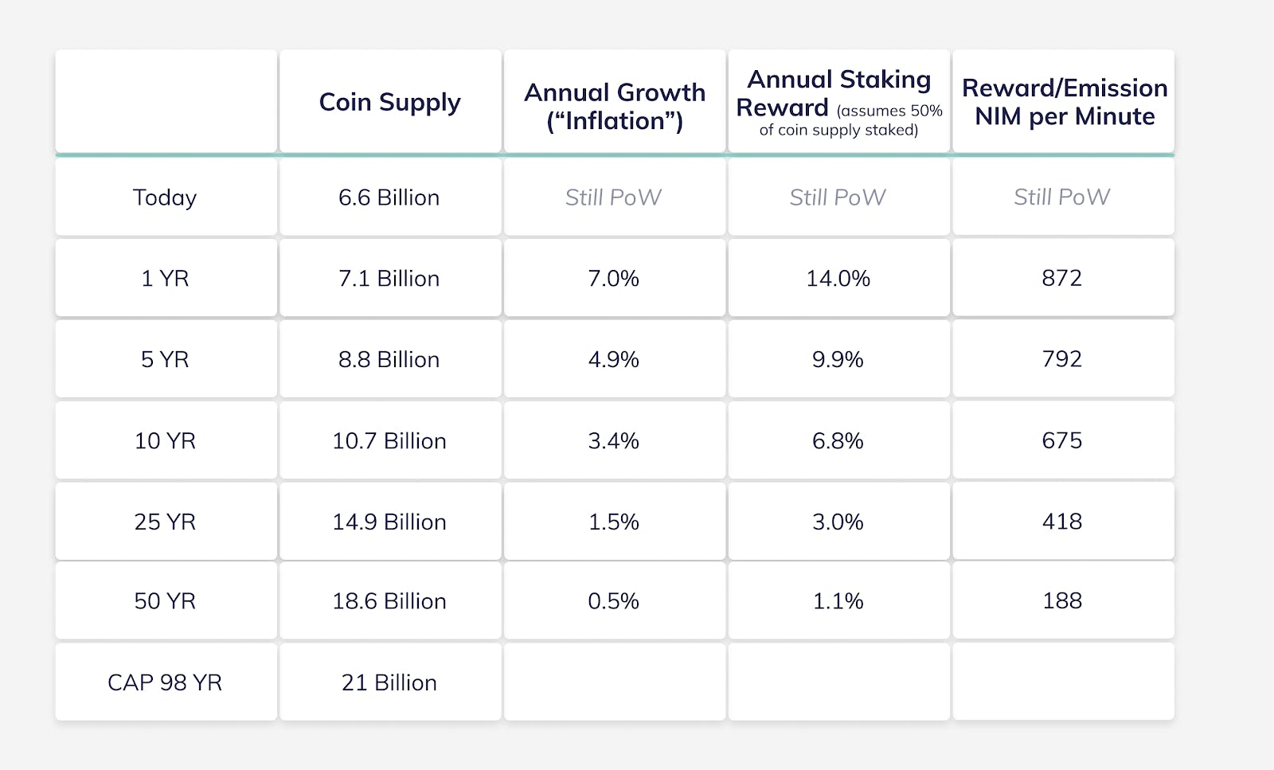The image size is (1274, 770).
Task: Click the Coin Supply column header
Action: pyautogui.click(x=389, y=102)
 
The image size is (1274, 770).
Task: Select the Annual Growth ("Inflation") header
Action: pyautogui.click(x=614, y=107)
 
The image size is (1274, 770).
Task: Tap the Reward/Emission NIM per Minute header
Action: pyautogui.click(x=1064, y=102)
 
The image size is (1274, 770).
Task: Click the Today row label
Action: pyautogui.click(x=165, y=197)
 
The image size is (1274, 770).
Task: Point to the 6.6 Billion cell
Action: pyautogui.click(x=389, y=197)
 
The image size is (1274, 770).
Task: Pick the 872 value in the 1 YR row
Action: pyautogui.click(x=1062, y=278)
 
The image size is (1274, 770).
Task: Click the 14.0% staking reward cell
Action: pyautogui.click(x=838, y=279)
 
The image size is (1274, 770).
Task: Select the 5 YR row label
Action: pyautogui.click(x=165, y=360)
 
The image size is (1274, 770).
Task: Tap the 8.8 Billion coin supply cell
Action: pyautogui.click(x=389, y=360)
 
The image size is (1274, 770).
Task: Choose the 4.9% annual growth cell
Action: pyautogui.click(x=613, y=360)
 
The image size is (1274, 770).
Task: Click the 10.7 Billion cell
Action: pyautogui.click(x=389, y=441)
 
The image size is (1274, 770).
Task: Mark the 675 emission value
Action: pyautogui.click(x=1062, y=440)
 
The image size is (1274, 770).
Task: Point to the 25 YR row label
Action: pyautogui.click(x=165, y=522)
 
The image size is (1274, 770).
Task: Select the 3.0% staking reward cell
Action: pyautogui.click(x=838, y=522)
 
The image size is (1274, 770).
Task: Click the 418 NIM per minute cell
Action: pyautogui.click(x=1062, y=522)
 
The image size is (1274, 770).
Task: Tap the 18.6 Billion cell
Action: pyautogui.click(x=389, y=601)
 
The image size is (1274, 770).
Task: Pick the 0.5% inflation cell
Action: pyautogui.click(x=613, y=601)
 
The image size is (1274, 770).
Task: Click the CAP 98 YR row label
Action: pyautogui.click(x=165, y=682)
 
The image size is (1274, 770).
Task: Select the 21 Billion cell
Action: pyautogui.click(x=389, y=682)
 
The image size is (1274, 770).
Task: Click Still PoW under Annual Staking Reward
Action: pyautogui.click(x=838, y=197)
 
